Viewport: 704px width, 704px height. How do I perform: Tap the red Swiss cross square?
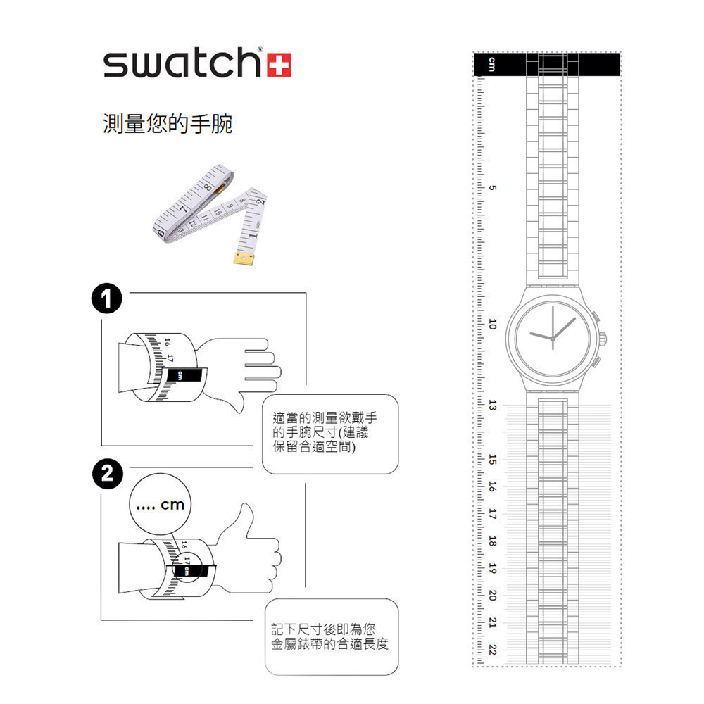[280, 64]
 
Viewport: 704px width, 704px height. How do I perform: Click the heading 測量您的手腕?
[167, 125]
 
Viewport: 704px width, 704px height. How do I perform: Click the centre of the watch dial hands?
[553, 339]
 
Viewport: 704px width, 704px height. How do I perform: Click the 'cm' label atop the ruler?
[492, 65]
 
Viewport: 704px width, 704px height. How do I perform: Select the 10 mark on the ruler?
[492, 325]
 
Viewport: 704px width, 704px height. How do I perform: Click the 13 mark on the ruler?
[492, 406]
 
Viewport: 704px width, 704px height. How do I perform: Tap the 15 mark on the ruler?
[492, 460]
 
